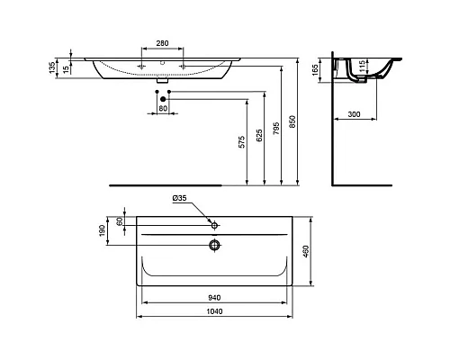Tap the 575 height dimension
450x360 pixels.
[240, 143]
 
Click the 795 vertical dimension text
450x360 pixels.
[278, 125]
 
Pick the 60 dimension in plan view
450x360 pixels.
[119, 221]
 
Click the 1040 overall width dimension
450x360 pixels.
[212, 311]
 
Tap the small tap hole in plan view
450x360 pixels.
[214, 223]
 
